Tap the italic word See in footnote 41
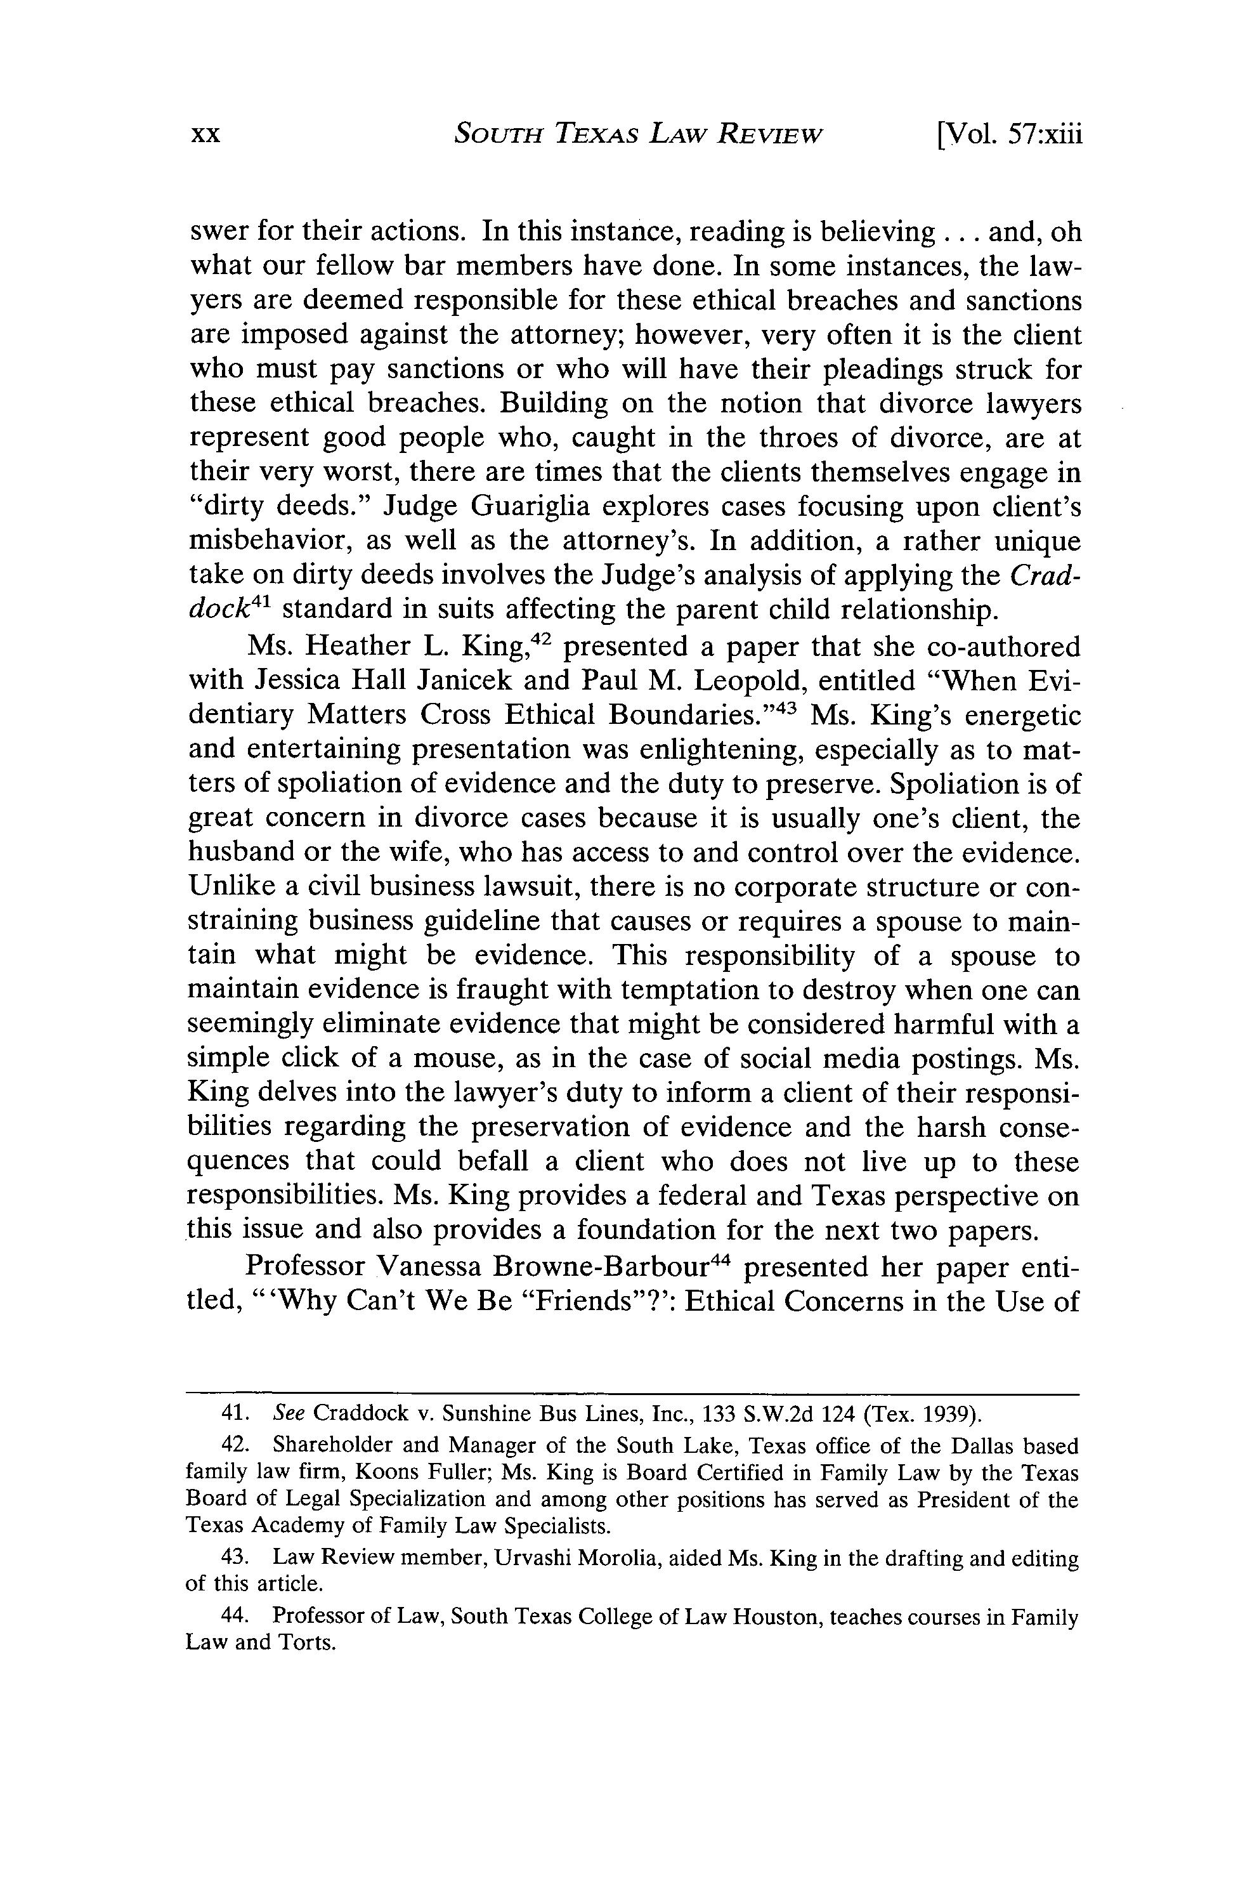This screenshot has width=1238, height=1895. tap(285, 1413)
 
